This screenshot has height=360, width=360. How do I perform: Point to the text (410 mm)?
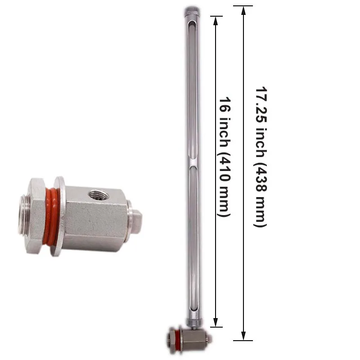(x=224, y=184)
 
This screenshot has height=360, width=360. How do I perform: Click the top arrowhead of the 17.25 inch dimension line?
(x=243, y=10)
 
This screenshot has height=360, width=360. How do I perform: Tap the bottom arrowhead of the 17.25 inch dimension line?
(x=243, y=336)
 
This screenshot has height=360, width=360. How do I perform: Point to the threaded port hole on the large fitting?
(x=95, y=195)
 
